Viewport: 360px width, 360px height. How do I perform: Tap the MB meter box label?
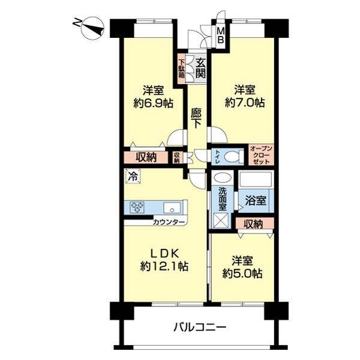click(x=221, y=35)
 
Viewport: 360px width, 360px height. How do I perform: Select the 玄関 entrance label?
click(x=200, y=68)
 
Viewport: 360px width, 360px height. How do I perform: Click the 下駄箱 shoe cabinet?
click(x=182, y=68)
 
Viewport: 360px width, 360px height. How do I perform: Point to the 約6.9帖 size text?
click(x=154, y=103)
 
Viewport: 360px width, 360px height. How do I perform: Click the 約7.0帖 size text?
click(x=245, y=103)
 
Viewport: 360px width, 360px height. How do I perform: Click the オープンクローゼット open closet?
click(x=261, y=155)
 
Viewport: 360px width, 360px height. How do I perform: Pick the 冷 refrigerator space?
click(x=133, y=176)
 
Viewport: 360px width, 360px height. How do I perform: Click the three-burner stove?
click(x=137, y=207)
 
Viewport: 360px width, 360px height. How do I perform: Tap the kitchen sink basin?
click(x=172, y=208)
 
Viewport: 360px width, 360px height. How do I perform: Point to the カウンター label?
click(x=169, y=222)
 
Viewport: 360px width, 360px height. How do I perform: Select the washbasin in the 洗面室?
click(x=222, y=178)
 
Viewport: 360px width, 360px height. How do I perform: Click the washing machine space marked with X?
click(x=220, y=221)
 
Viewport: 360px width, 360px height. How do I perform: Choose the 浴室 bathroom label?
click(x=256, y=200)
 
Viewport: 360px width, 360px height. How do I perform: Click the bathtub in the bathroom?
click(x=256, y=179)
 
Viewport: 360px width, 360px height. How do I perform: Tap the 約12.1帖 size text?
click(x=164, y=266)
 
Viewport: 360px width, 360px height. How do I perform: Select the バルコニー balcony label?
click(x=200, y=327)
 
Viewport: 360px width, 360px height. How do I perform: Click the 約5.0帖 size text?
click(x=242, y=274)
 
